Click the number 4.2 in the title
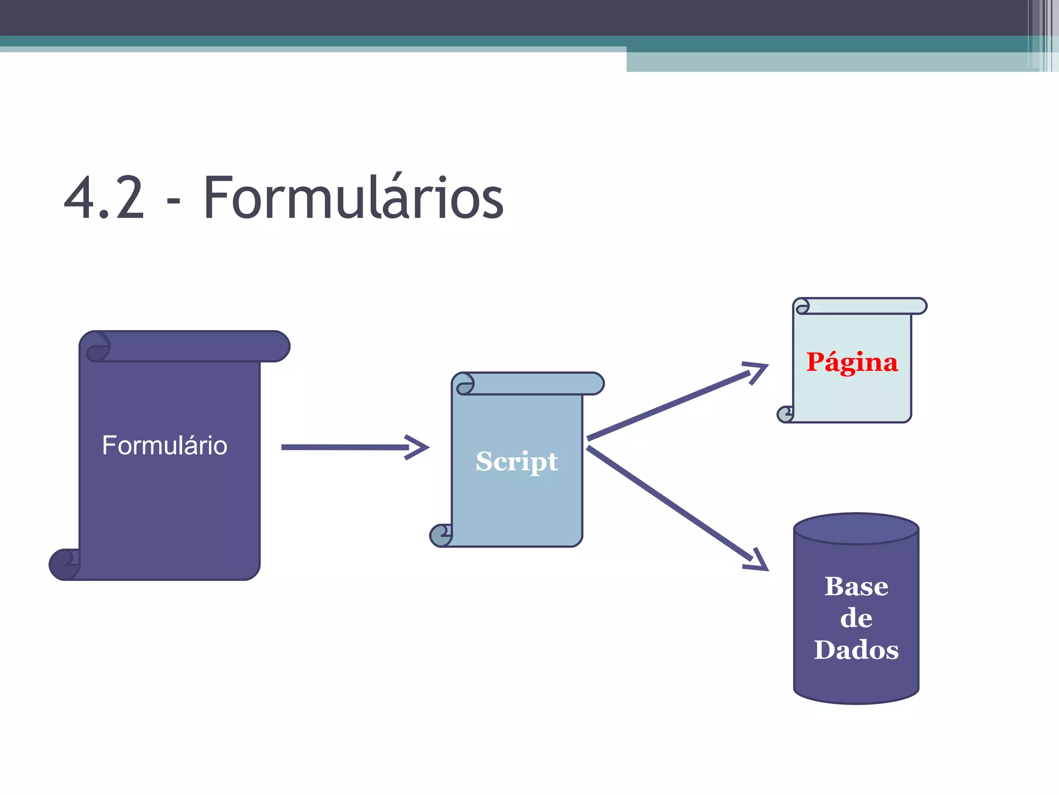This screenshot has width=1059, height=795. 104,198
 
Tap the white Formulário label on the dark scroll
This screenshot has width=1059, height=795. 164,445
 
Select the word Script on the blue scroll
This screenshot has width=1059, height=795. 517,461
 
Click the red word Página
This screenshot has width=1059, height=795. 852,362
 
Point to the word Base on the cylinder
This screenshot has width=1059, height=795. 856,586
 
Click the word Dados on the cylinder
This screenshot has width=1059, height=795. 856,650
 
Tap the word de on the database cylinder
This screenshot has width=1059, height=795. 856,618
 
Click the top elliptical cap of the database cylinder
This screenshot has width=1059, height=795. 856,528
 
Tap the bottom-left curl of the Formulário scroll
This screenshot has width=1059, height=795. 64,564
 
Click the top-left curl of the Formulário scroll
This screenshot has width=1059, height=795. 98,346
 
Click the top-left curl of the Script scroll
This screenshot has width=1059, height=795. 464,384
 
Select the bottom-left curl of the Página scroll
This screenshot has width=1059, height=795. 785,414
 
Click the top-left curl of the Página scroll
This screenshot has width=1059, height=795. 801,306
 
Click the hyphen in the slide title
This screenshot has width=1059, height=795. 174,204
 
